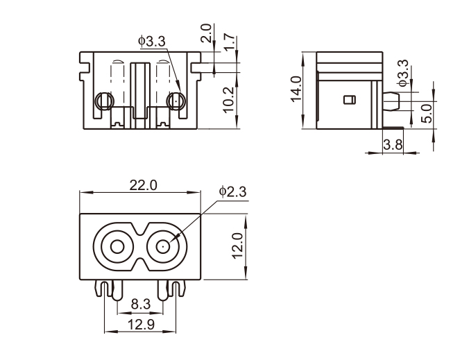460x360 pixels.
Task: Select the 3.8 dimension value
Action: pyautogui.click(x=392, y=145)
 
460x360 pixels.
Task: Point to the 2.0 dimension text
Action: pyautogui.click(x=206, y=34)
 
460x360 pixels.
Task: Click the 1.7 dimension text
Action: pyautogui.click(x=230, y=40)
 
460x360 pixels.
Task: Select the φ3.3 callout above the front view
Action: pyautogui.click(x=152, y=42)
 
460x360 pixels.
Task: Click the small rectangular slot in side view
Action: pyautogui.click(x=349, y=100)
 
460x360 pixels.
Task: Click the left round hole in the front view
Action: pyautogui.click(x=103, y=101)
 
